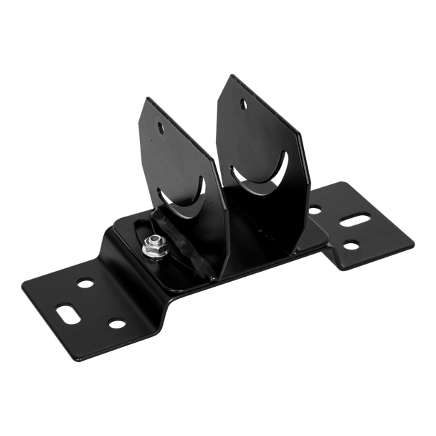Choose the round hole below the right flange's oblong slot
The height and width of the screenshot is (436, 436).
click(351, 245)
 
